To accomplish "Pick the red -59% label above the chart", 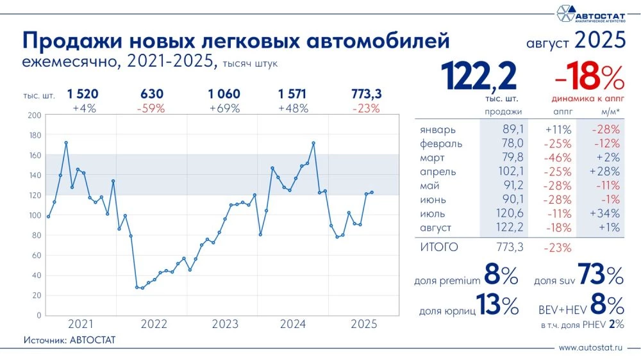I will (152, 108).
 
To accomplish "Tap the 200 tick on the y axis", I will (35, 115).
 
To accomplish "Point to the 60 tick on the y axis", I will (37, 256).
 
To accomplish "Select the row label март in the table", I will (433, 157).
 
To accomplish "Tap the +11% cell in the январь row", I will (556, 129).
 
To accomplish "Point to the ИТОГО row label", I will (439, 246).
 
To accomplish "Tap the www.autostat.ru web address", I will (591, 348).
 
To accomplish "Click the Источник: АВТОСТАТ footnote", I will (69, 340).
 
